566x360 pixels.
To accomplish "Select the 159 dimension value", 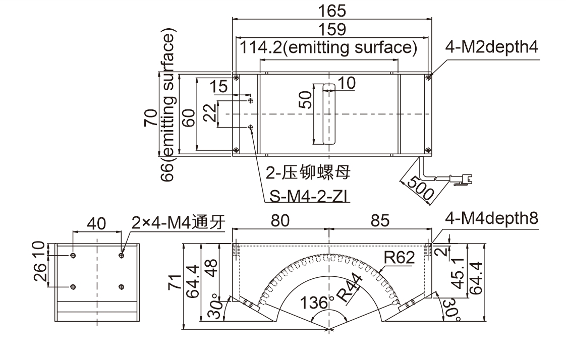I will click(x=332, y=29).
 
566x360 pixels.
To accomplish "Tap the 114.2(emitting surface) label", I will click(x=328, y=48).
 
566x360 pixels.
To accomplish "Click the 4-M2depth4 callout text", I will click(x=492, y=47).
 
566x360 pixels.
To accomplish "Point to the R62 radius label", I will click(x=399, y=258).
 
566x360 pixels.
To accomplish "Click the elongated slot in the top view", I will click(x=328, y=114).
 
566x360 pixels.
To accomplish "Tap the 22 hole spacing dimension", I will click(x=210, y=114).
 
